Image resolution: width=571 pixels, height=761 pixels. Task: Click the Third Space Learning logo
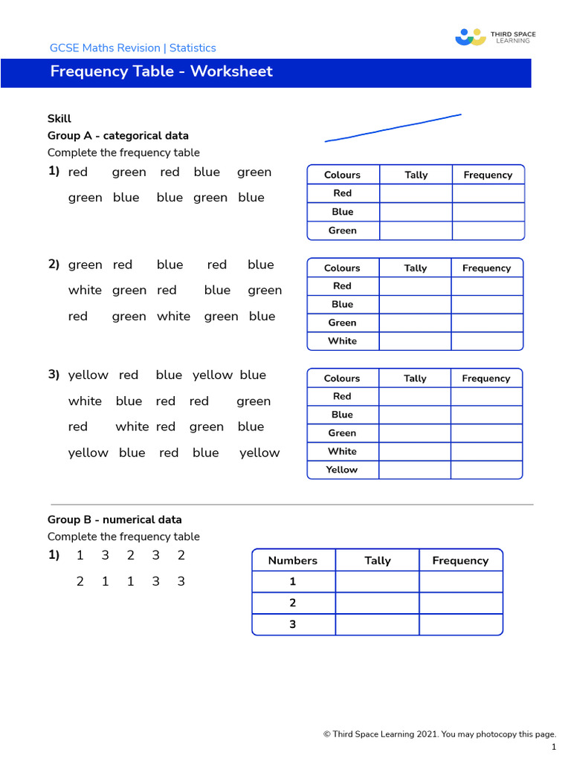click(495, 37)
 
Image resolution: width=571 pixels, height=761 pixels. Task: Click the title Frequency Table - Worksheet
click(161, 71)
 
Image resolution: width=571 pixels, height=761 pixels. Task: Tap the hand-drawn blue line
click(393, 128)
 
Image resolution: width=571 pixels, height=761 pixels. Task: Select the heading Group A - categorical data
click(118, 135)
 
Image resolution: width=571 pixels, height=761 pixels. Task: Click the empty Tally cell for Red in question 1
click(416, 193)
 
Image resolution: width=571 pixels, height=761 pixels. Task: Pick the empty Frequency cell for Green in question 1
click(488, 230)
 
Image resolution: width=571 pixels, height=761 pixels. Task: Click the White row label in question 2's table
click(342, 341)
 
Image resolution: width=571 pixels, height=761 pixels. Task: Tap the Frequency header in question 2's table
click(486, 268)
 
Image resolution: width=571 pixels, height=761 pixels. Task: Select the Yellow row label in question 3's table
click(342, 470)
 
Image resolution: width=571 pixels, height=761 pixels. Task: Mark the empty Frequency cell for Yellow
click(486, 470)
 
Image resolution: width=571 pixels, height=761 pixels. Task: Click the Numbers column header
click(293, 560)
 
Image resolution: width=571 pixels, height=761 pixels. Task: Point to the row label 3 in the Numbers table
click(293, 624)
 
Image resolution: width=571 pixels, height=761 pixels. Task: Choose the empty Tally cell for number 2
click(377, 603)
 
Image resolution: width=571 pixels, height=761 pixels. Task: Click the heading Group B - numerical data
click(114, 519)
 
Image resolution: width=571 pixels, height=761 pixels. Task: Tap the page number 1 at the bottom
click(553, 747)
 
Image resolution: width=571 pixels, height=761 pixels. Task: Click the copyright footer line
click(439, 734)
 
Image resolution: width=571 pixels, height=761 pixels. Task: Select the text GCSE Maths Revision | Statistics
click(132, 48)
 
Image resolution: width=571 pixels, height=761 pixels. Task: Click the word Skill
click(59, 118)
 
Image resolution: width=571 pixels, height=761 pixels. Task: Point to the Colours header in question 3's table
click(342, 378)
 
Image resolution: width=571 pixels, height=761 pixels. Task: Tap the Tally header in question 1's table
click(416, 175)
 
